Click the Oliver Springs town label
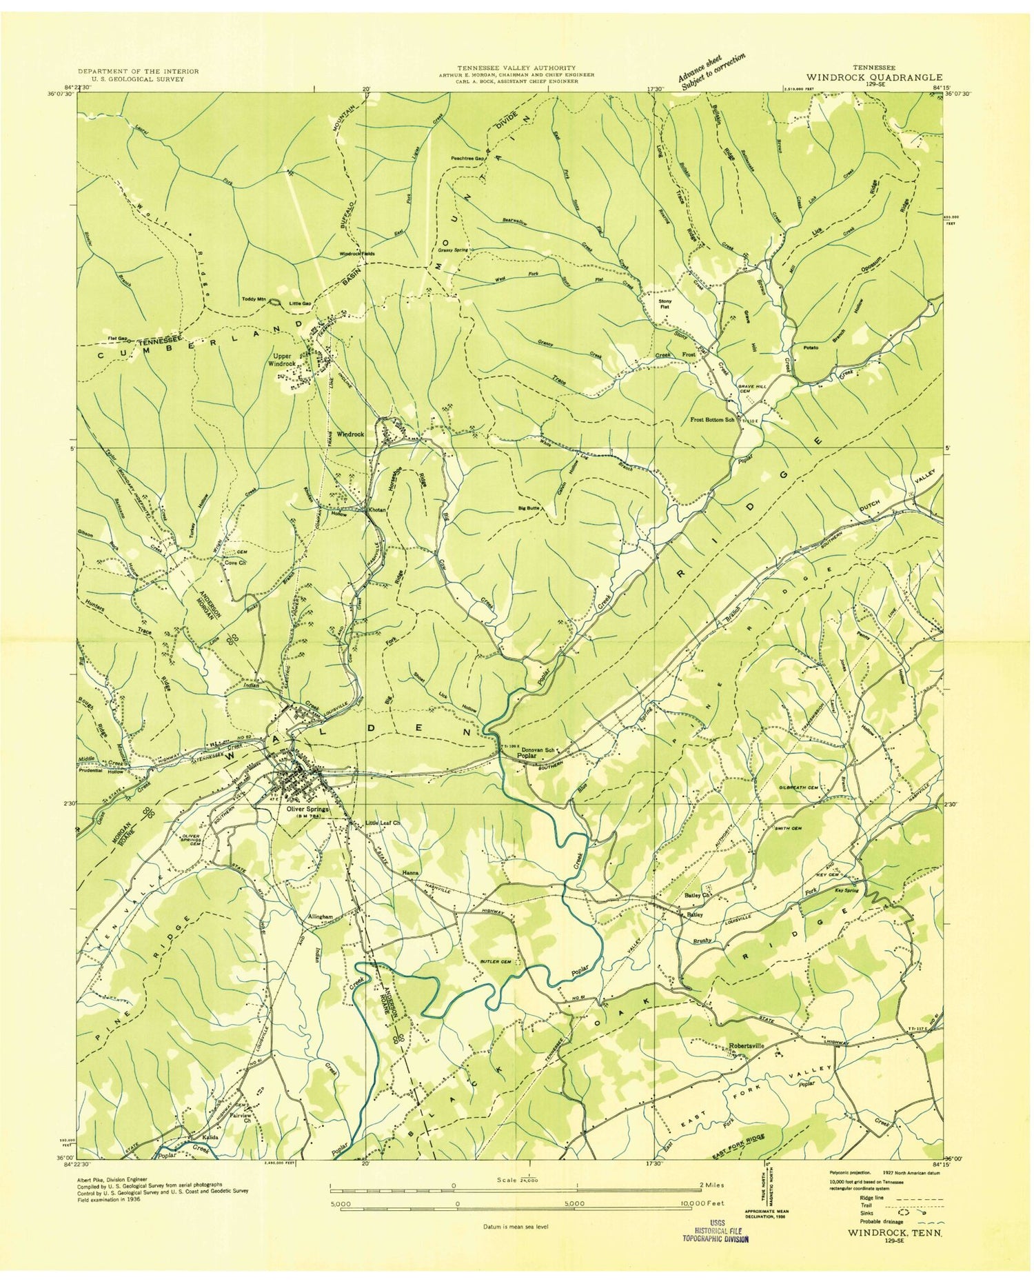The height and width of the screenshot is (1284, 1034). point(303,809)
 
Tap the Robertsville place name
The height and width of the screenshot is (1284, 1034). point(746,1045)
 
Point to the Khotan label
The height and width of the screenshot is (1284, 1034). point(376,510)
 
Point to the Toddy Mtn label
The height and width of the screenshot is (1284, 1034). point(253,299)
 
